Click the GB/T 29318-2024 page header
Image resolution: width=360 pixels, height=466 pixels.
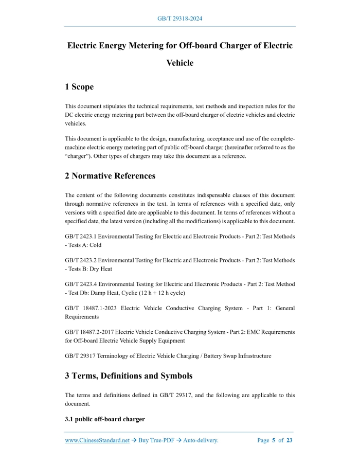[x=179, y=19]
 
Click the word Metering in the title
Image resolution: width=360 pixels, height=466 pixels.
[x=131, y=45]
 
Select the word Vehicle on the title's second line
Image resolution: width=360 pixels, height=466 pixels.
[x=180, y=63]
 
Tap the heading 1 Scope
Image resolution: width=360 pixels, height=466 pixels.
[x=79, y=87]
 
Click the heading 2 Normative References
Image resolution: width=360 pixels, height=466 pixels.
[x=110, y=176]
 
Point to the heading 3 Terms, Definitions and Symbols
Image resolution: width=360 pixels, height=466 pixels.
[x=129, y=375]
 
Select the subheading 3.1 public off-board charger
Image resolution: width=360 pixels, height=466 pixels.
[x=105, y=419]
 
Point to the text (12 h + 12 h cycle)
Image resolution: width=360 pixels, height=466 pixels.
[x=155, y=293]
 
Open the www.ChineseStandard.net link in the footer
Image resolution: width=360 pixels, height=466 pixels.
[x=97, y=440]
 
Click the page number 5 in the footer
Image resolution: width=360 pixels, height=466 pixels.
[x=274, y=440]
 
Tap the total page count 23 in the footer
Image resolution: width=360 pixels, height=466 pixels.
[x=290, y=440]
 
